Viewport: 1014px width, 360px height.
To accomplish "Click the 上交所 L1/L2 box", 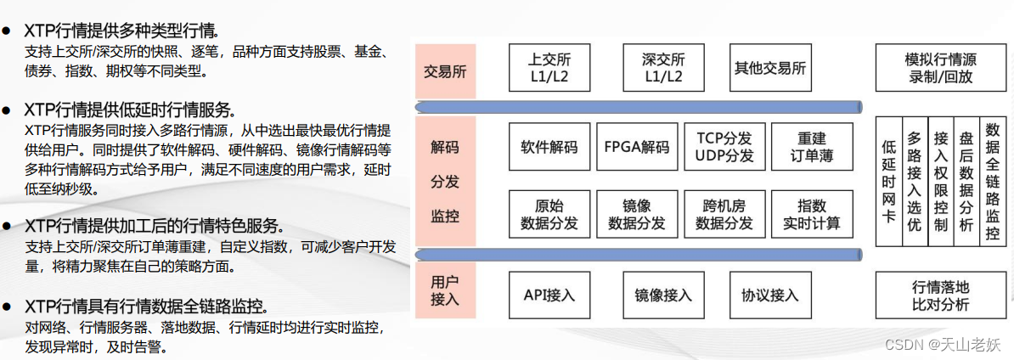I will tap(549, 68).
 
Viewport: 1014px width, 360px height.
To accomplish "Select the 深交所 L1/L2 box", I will tap(663, 68).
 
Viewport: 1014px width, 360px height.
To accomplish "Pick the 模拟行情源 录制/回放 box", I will tap(939, 68).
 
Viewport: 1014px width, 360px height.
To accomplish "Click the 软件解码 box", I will tap(549, 147).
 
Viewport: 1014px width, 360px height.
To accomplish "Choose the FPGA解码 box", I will tap(637, 147).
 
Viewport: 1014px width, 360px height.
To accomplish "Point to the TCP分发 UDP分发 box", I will tap(724, 147).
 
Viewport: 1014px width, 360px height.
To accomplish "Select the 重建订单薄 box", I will tap(812, 147).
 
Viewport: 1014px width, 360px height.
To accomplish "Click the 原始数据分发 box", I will tap(549, 214).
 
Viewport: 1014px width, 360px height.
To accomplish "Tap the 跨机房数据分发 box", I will tap(724, 214).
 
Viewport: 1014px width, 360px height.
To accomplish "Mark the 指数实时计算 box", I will tap(812, 214).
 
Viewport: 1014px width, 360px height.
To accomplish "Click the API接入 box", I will tap(549, 295).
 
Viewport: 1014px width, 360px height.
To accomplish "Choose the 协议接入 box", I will tap(769, 295).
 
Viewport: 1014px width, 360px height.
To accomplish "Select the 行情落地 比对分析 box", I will tap(939, 295).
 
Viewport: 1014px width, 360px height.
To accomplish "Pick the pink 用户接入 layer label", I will tap(445, 290).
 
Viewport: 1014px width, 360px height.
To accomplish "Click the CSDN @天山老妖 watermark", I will tap(943, 344).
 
